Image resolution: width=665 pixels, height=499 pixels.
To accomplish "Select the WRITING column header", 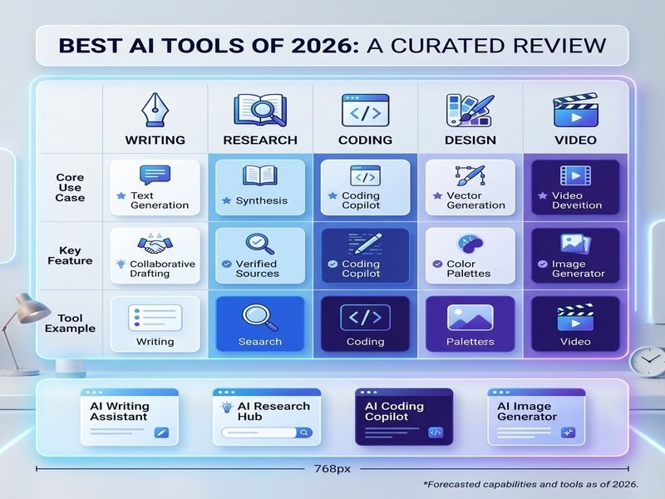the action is [x=155, y=140].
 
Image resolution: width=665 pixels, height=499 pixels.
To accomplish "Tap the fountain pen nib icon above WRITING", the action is [x=153, y=110].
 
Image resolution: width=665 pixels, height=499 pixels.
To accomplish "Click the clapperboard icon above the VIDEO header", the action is [x=575, y=111].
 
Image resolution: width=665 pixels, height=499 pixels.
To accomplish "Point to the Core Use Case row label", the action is [x=70, y=188].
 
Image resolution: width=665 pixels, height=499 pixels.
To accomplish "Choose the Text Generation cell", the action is [x=155, y=188].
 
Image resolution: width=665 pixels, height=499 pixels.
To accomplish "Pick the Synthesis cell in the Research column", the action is [x=260, y=188].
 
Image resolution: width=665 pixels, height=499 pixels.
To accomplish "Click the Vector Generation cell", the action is [x=470, y=188].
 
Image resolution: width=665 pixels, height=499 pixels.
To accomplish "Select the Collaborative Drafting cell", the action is [x=155, y=256].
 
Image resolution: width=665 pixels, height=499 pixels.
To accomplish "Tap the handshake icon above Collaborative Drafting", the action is [x=155, y=244].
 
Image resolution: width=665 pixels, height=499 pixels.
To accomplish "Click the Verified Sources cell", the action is [x=260, y=256].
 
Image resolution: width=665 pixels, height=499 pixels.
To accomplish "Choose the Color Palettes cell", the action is [x=470, y=256].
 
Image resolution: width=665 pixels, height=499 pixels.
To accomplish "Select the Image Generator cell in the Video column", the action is [x=575, y=256].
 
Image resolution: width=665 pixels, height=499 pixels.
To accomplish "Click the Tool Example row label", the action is [x=70, y=324].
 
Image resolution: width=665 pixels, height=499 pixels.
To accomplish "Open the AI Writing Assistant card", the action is [x=130, y=417].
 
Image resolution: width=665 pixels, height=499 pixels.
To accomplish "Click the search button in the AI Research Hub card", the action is [x=303, y=432].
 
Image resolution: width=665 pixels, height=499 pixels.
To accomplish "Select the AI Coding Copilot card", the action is [x=404, y=417].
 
